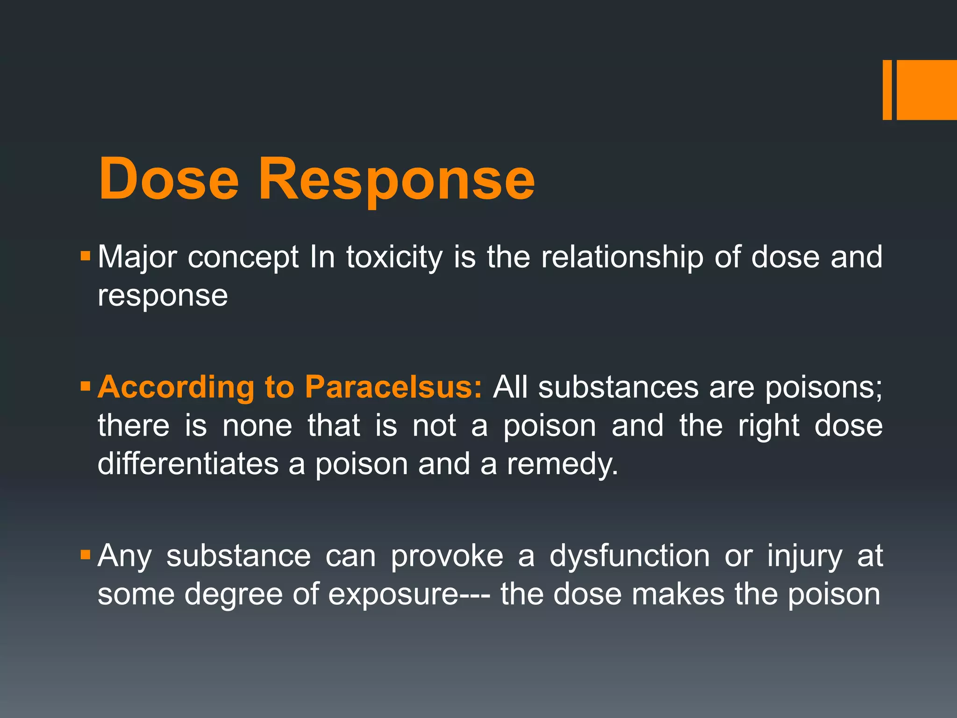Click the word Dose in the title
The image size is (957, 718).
click(x=169, y=179)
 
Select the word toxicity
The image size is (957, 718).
click(x=394, y=258)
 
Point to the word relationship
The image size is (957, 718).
click(x=622, y=258)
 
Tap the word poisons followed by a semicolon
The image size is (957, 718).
click(x=824, y=388)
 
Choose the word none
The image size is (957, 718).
click(x=257, y=426)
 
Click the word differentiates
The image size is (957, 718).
click(x=188, y=464)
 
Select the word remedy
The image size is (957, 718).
click(x=563, y=465)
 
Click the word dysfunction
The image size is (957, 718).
click(x=629, y=557)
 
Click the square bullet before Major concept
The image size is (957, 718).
click(x=85, y=256)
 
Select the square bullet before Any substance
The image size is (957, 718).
click(x=85, y=555)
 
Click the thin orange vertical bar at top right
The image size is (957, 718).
click(x=887, y=90)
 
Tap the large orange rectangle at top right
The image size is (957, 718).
click(x=927, y=90)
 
